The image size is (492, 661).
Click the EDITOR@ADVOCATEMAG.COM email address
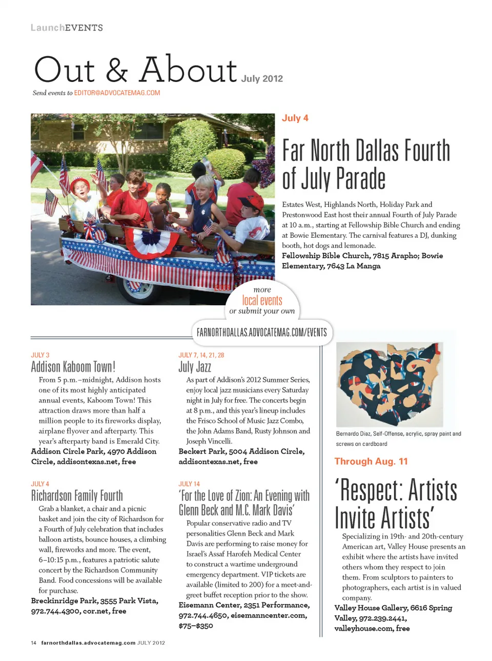[117, 93]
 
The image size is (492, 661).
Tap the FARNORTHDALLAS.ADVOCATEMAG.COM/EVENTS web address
[261, 333]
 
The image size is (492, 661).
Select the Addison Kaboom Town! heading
[73, 367]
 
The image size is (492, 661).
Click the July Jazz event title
[195, 367]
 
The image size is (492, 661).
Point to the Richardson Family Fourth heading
[77, 495]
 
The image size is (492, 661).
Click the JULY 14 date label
[189, 484]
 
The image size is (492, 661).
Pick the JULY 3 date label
[40, 355]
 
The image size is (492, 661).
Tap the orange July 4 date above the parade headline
[295, 118]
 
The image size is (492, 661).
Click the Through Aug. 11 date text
[371, 461]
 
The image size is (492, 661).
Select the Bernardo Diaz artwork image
[389, 384]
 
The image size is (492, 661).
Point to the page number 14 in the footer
[34, 643]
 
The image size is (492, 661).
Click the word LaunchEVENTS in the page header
[67, 28]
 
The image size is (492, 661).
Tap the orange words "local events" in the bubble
[262, 300]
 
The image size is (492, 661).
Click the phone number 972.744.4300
[55, 611]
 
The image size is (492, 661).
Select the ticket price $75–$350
[196, 626]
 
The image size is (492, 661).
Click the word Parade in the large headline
[361, 179]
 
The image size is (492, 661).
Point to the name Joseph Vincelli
[209, 441]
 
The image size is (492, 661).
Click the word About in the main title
[188, 70]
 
